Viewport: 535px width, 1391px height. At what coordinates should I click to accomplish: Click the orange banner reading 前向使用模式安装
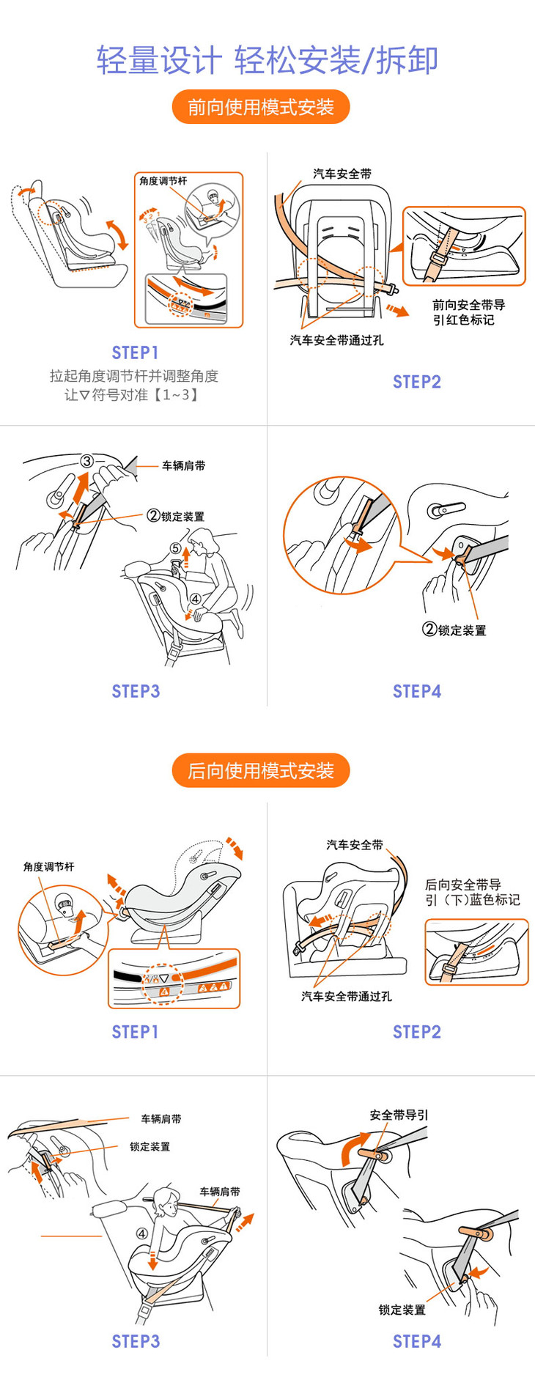point(261,107)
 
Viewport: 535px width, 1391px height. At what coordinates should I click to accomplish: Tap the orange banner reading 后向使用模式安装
point(261,770)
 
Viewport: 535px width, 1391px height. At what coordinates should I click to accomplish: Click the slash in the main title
point(368,60)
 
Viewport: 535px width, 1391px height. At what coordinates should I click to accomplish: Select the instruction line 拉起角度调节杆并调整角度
point(134,376)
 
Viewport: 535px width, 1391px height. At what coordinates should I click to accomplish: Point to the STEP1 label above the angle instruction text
point(135,353)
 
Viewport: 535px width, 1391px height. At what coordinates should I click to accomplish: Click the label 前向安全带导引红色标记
point(468,312)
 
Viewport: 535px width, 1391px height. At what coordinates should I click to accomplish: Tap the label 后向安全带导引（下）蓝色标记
point(472,892)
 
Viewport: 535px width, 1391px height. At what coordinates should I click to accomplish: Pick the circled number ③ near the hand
point(87,461)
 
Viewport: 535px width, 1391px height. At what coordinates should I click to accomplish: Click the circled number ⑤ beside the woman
point(175,548)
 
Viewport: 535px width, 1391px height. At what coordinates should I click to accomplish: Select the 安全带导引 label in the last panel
point(399,1115)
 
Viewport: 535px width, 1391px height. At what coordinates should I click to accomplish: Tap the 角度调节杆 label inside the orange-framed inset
point(163,181)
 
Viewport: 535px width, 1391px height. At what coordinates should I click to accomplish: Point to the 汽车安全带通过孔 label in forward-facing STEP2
point(336,340)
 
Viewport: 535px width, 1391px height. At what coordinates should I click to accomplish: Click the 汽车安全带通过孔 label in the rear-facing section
point(346,996)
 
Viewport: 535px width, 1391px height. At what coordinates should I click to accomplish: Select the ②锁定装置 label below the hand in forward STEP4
point(454,630)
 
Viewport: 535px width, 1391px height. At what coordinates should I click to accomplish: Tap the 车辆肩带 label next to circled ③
point(183,465)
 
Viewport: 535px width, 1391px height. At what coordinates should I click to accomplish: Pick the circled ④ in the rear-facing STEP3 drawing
point(142,1233)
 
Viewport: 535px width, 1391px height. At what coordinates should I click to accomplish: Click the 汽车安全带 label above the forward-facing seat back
point(342,174)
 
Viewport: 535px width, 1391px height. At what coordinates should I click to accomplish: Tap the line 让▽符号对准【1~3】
point(132,395)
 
